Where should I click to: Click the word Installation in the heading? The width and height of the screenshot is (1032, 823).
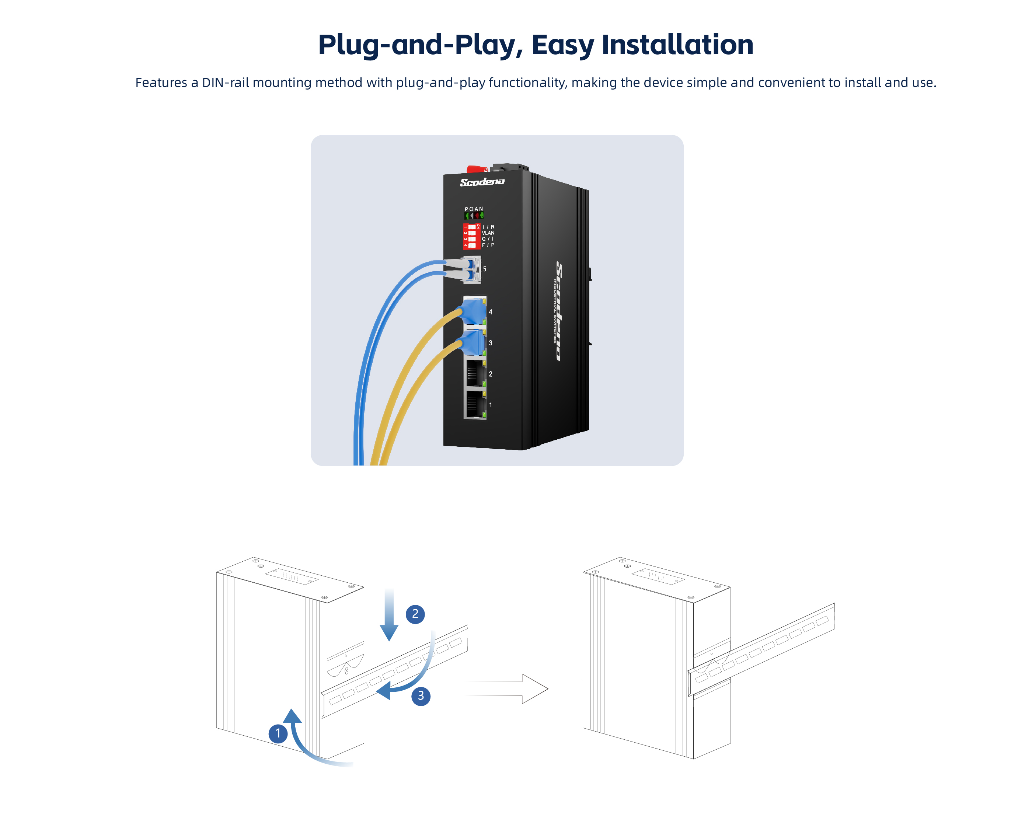[x=677, y=45]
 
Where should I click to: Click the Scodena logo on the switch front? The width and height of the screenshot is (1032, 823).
[x=482, y=182]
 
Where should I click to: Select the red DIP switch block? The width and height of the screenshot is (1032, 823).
[x=471, y=236]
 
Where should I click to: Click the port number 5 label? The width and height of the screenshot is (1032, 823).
[x=485, y=269]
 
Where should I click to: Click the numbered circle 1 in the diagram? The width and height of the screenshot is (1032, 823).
[x=278, y=733]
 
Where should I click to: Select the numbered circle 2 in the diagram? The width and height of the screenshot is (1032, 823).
[x=415, y=614]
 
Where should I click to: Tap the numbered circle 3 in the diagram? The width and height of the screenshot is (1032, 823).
[x=421, y=695]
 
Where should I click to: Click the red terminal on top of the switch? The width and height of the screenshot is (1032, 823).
[x=477, y=168]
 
